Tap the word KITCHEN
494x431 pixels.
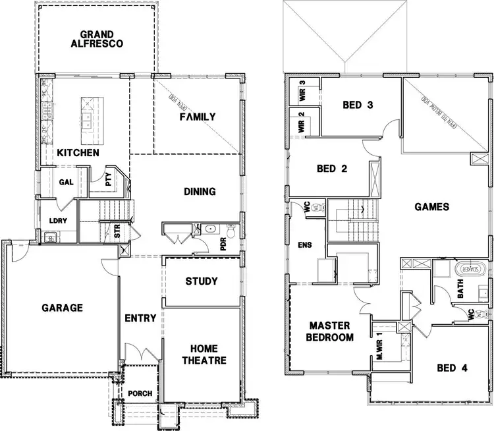tap(78, 153)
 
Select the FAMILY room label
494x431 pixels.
tap(198, 117)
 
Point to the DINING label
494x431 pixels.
tap(200, 192)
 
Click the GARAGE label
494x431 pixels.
tap(62, 308)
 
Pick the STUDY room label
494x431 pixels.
tap(201, 281)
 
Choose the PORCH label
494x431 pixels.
tap(140, 394)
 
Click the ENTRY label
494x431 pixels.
tap(140, 318)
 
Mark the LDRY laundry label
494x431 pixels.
tap(59, 221)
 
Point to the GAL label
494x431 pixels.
tap(66, 183)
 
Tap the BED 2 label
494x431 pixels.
tap(332, 168)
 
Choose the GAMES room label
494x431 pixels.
tap(431, 207)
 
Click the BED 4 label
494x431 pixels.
tap(451, 368)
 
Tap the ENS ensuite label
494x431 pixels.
tap(305, 246)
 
